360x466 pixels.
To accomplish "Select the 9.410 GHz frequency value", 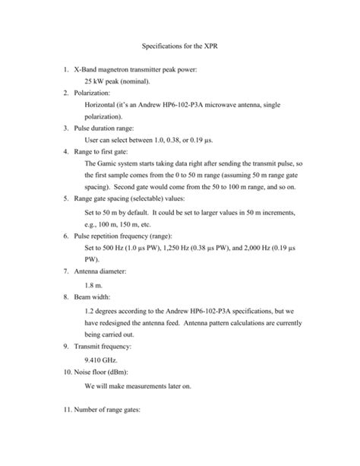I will click(106, 360).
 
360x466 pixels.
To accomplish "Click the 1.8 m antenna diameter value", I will click(94, 285).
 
